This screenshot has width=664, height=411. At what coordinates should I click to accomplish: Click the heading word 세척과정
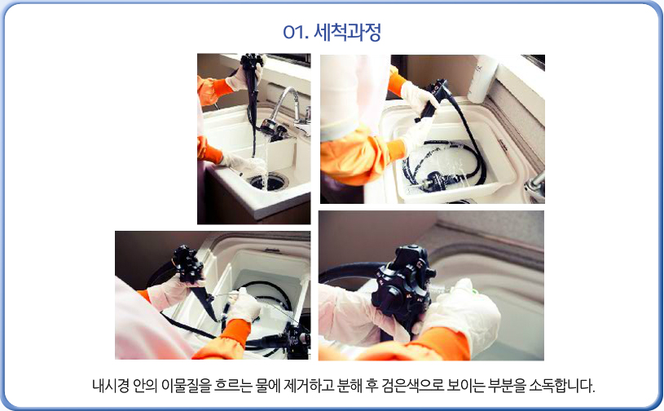tap(347, 32)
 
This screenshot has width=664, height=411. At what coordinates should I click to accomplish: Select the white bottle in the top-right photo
tap(484, 78)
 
